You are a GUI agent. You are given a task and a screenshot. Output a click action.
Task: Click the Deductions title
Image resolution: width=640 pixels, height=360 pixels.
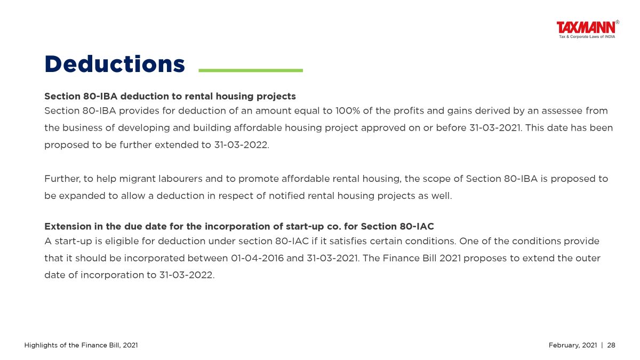tap(115, 64)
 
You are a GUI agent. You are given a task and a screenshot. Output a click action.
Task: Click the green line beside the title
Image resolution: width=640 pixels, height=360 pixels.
tap(251, 70)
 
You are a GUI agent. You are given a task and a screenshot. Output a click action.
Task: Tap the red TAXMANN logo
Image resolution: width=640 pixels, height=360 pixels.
tap(586, 28)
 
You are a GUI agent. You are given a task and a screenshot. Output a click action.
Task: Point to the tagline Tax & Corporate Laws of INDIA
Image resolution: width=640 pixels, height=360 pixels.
tap(587, 37)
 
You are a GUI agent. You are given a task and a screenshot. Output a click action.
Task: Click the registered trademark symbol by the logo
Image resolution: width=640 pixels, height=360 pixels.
tap(618, 22)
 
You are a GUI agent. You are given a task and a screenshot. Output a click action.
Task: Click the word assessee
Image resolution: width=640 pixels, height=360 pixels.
tap(562, 110)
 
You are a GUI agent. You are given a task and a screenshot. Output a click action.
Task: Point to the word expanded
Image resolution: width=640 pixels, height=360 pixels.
tap(82, 196)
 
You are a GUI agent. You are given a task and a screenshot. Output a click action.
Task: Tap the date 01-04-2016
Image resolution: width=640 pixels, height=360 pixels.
tap(257, 258)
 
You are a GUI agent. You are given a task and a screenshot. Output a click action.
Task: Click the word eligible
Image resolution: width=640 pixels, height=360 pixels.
tap(122, 242)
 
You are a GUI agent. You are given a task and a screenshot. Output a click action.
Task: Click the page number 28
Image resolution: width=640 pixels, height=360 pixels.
tap(611, 345)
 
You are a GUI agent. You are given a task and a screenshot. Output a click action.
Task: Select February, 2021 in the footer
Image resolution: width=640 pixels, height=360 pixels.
tap(573, 346)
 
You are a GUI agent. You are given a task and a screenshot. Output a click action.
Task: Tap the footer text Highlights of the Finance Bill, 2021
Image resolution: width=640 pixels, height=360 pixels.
tap(81, 346)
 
